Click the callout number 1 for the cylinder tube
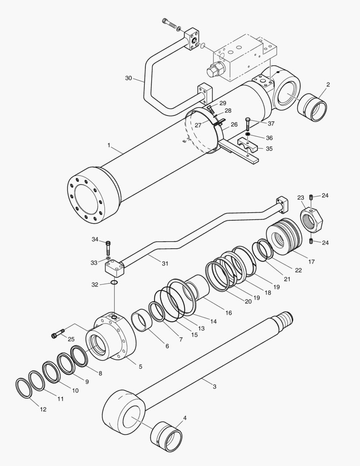109,146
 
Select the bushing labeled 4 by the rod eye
166,435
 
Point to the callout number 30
128,78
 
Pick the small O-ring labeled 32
114,283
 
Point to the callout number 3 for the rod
214,386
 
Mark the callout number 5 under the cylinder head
140,367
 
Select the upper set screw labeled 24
311,198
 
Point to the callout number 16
229,312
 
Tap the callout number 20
248,301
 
